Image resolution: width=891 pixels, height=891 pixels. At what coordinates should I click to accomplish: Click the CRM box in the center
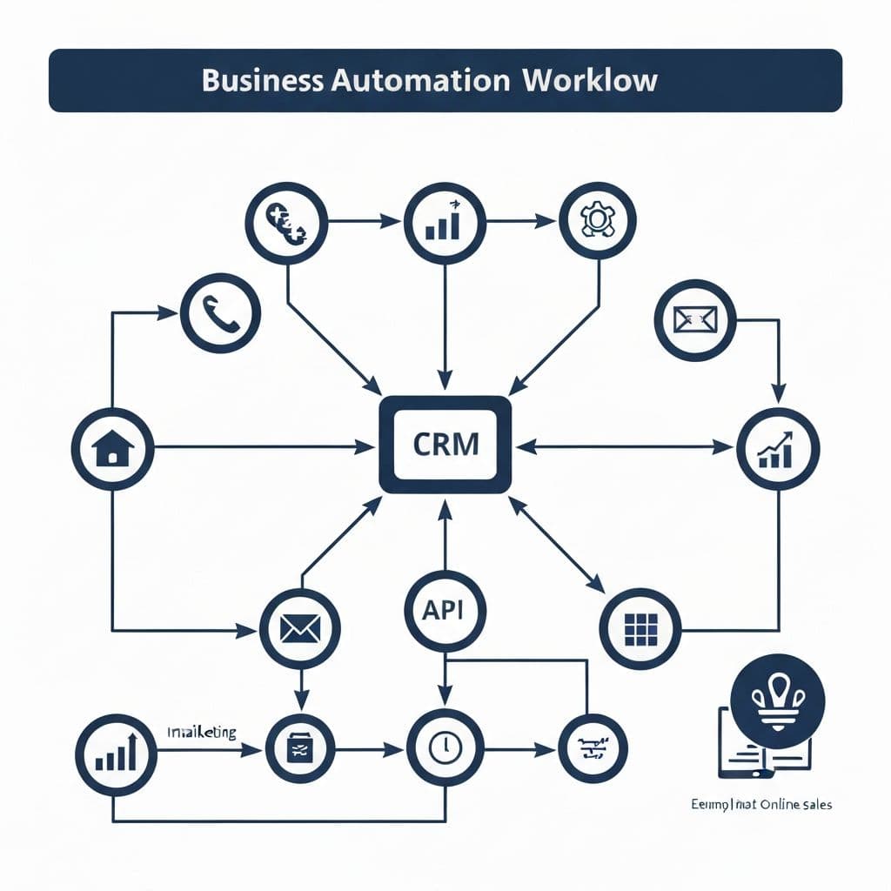(445, 445)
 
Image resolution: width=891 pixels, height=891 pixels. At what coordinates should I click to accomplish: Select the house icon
(112, 448)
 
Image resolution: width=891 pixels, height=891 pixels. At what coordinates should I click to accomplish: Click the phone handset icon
(220, 315)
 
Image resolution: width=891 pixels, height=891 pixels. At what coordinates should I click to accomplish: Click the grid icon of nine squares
(640, 629)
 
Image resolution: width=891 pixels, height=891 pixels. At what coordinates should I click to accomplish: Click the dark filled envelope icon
(300, 629)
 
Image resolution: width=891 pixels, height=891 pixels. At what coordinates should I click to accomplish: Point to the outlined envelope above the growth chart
(694, 320)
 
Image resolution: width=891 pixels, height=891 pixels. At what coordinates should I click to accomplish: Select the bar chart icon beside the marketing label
(116, 749)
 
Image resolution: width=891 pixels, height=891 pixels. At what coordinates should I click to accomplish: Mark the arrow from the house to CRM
(261, 447)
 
